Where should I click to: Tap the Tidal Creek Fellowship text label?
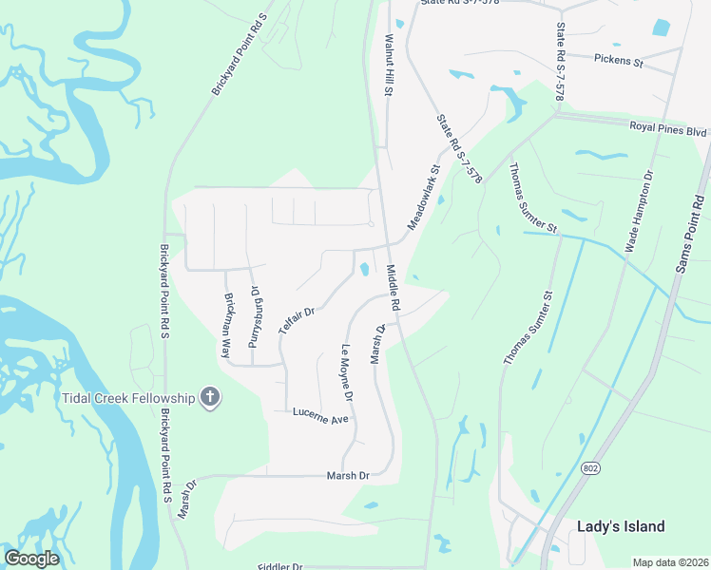pyautogui.click(x=129, y=397)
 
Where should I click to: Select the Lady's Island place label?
pyautogui.click(x=621, y=526)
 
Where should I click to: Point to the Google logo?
pyautogui.click(x=31, y=559)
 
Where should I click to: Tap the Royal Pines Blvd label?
pyautogui.click(x=668, y=128)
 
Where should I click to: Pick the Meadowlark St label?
pyautogui.click(x=425, y=197)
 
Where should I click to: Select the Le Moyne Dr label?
pyautogui.click(x=347, y=371)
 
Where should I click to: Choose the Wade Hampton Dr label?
pyautogui.click(x=640, y=211)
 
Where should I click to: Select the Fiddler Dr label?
pyautogui.click(x=281, y=566)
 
